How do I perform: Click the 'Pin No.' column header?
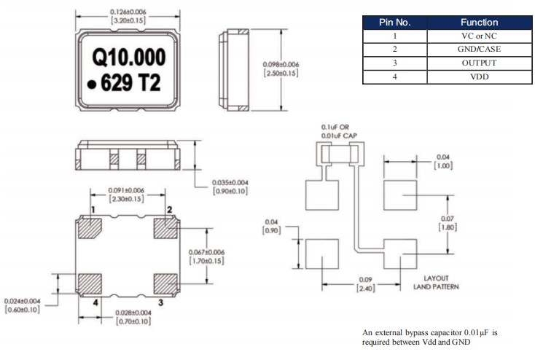[397, 23]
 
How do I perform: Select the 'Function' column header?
[479, 23]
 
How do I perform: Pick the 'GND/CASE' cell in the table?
[479, 50]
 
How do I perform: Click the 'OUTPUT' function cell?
[479, 63]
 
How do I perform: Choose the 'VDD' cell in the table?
[479, 77]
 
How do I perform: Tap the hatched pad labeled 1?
[90, 230]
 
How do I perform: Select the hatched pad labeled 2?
[165, 230]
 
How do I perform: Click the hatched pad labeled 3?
[165, 282]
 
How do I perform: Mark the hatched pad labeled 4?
[90, 282]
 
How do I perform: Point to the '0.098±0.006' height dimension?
[281, 64]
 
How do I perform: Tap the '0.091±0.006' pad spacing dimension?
[126, 190]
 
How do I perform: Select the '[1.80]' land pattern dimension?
[448, 227]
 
